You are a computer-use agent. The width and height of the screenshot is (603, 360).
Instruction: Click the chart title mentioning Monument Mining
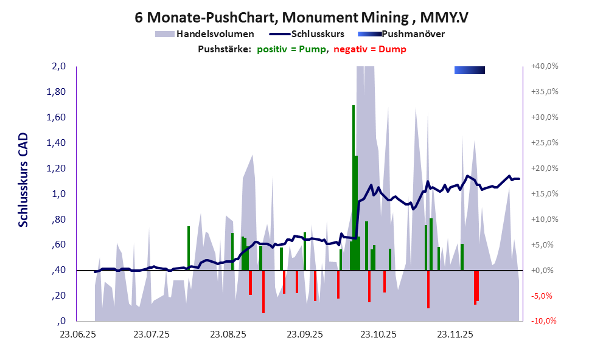[x=301, y=17]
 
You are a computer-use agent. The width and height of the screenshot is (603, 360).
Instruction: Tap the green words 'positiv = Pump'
[x=291, y=49]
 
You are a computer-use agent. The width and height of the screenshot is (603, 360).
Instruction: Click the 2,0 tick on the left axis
[x=58, y=66]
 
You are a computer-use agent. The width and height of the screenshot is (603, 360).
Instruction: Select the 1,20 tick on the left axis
[x=57, y=168]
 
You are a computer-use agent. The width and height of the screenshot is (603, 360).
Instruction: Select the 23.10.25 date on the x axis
[x=377, y=334]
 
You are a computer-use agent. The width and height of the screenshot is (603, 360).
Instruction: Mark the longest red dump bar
[x=263, y=291]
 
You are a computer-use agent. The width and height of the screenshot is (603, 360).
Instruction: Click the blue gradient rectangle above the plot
[x=469, y=71]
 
